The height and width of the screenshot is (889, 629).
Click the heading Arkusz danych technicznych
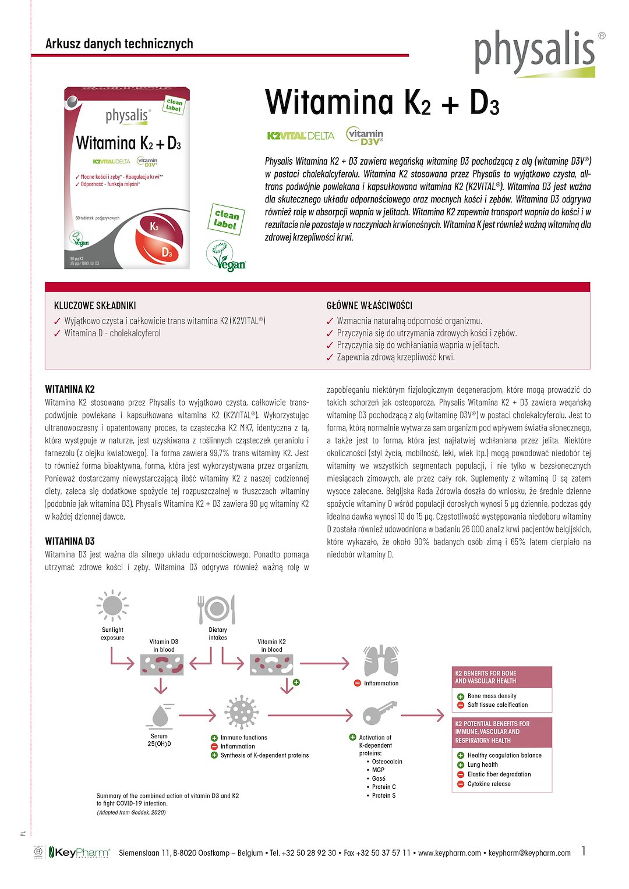(119, 44)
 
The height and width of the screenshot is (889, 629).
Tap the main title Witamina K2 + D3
(382, 102)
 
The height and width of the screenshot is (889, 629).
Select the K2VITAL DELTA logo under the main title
(301, 136)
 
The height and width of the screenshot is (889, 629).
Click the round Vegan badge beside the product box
(227, 257)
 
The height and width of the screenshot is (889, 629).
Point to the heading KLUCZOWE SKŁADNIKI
(95, 305)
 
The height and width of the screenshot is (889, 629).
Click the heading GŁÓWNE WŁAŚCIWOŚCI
(369, 305)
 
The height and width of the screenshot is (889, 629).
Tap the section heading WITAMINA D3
(70, 541)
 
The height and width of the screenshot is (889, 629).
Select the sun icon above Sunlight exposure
(112, 606)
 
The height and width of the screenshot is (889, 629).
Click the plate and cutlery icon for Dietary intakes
(217, 609)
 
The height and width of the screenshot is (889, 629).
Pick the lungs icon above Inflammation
(381, 661)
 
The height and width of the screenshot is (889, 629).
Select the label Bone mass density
(492, 696)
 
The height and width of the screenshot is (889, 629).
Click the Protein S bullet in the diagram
(383, 795)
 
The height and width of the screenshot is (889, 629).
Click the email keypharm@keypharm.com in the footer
(529, 853)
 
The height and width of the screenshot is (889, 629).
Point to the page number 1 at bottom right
(584, 851)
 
